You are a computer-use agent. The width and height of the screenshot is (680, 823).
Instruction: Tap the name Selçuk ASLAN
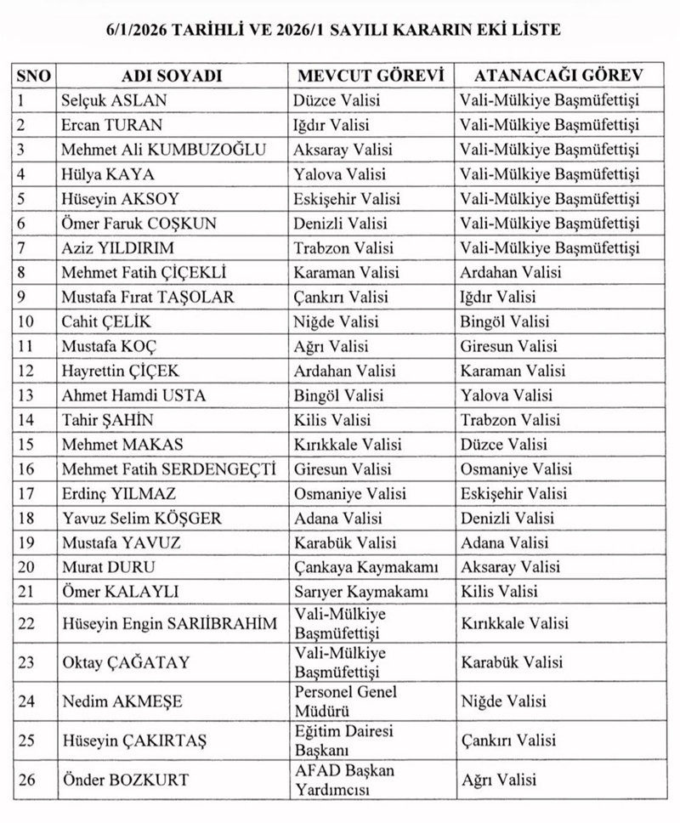(x=114, y=100)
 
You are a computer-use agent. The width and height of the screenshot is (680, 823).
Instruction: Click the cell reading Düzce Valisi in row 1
(x=337, y=100)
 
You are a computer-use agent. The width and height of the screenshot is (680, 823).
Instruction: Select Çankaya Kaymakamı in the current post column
(x=366, y=567)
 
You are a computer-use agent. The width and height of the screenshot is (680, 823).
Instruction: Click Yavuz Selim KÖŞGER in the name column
(x=139, y=518)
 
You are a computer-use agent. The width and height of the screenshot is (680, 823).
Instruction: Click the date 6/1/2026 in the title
(x=139, y=29)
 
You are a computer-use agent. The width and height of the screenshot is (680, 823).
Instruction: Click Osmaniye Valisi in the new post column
(x=516, y=469)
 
